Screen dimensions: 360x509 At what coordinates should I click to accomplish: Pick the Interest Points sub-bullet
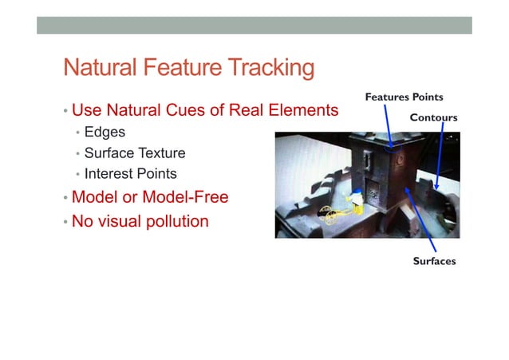click(130, 173)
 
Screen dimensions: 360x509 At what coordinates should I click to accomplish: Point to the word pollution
click(171, 221)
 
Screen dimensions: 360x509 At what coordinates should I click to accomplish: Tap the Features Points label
click(404, 97)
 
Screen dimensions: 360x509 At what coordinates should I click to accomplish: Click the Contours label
click(433, 117)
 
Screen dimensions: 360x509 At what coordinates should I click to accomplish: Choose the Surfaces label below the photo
click(434, 261)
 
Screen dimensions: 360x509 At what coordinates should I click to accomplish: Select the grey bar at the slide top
click(254, 26)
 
